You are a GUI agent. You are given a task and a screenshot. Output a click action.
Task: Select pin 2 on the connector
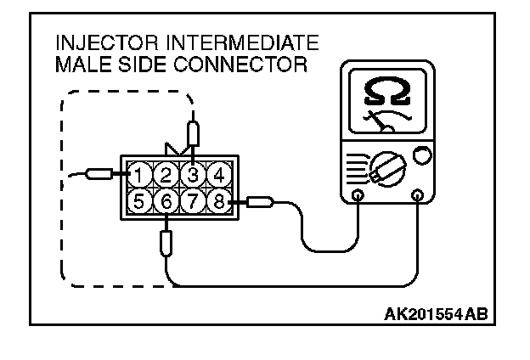pyautogui.click(x=167, y=177)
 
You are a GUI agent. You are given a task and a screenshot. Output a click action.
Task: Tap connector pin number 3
pyautogui.click(x=193, y=176)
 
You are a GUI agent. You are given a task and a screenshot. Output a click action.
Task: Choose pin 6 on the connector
pyautogui.click(x=167, y=201)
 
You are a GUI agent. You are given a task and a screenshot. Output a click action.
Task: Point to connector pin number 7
pyautogui.click(x=193, y=201)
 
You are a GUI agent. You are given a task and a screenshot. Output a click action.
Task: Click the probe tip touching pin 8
pyautogui.click(x=258, y=202)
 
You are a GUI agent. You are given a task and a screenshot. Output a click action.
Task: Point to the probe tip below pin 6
pyautogui.click(x=167, y=243)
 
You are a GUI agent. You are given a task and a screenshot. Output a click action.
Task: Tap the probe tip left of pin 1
pyautogui.click(x=101, y=175)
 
